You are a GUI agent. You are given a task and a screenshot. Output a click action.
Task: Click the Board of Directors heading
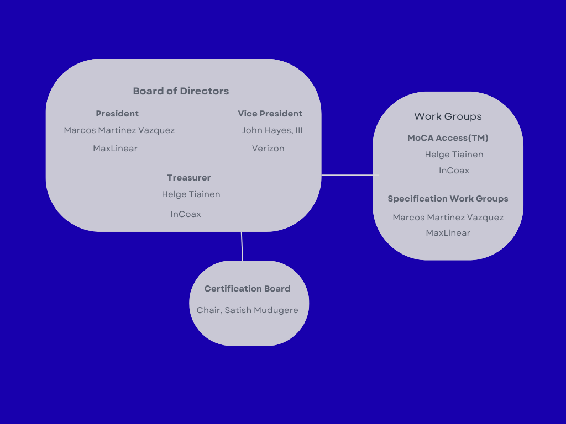[x=181, y=91]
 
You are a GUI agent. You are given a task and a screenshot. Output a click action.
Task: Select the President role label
[x=117, y=114]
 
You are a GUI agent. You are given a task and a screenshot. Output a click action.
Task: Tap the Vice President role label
[x=270, y=114]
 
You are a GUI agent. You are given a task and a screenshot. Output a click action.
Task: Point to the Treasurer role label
[x=189, y=178]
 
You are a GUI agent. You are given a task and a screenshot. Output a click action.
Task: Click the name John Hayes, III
[x=272, y=131]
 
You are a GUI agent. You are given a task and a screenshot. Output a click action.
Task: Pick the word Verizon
[x=268, y=149]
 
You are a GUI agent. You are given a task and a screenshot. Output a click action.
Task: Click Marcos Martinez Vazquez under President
[x=119, y=131]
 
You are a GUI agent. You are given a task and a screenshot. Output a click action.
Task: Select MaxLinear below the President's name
[x=115, y=149]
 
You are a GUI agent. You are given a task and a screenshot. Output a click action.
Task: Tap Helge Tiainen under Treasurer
[x=191, y=194]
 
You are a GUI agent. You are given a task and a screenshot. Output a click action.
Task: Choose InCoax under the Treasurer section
[x=186, y=214]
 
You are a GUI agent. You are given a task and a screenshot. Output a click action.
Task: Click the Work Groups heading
[x=448, y=116]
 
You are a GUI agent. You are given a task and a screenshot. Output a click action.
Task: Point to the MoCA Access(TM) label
[x=448, y=138]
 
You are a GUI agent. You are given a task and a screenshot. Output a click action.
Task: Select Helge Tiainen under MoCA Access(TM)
[x=454, y=155]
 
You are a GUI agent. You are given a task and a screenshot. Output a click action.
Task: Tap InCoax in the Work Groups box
[x=454, y=171]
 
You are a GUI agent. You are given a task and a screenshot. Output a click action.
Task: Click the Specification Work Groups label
[x=448, y=199]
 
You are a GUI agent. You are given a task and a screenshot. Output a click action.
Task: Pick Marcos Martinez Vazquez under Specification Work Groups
[x=448, y=218]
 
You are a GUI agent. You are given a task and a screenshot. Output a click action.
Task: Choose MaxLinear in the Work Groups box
[x=448, y=233]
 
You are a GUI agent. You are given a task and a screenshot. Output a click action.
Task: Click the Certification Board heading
[x=247, y=289]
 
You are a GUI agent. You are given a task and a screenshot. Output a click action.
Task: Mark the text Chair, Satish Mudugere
[x=247, y=310]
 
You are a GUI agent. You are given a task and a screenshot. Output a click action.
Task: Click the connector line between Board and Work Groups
[x=347, y=175]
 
